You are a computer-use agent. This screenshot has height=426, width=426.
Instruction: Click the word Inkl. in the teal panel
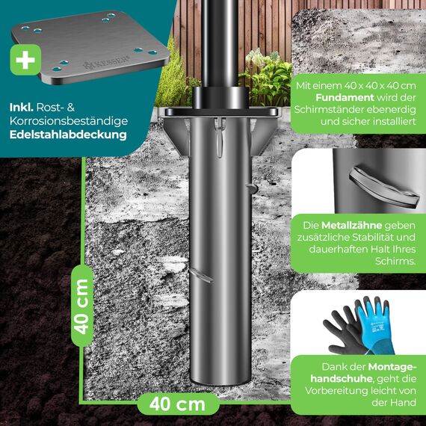(24, 107)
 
